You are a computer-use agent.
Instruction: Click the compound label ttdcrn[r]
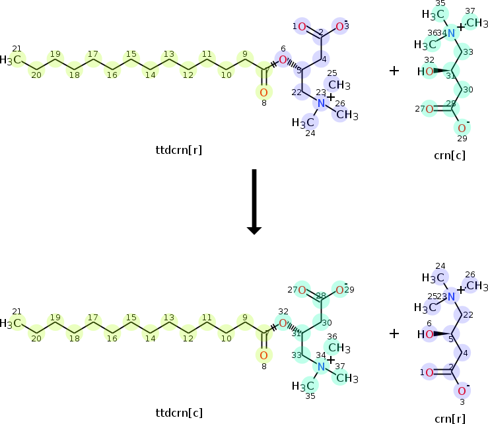[178, 149]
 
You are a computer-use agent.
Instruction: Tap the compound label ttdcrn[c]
[178, 413]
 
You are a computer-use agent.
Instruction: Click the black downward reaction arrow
[254, 201]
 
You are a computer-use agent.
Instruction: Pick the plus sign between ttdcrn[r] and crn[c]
[394, 70]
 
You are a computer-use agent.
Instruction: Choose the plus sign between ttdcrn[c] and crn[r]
[394, 334]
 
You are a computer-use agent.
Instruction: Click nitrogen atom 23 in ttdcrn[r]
[322, 104]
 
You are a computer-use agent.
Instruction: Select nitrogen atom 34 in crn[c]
[451, 34]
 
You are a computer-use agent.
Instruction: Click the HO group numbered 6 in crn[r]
[430, 334]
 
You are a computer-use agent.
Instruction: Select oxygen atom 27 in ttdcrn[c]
[302, 290]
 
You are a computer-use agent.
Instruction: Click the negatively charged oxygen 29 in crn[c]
[462, 127]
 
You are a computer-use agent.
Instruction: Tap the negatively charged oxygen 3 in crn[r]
[462, 390]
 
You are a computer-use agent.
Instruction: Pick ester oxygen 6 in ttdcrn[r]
[283, 60]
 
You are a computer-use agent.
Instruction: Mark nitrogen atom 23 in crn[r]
[451, 297]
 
